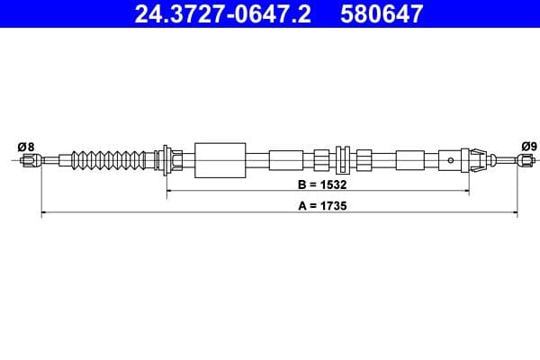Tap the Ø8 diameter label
[x=25, y=146]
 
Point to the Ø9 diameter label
[x=528, y=146]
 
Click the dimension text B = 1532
[x=314, y=184]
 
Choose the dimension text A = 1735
[x=315, y=205]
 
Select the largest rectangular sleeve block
[x=220, y=160]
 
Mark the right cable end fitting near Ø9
[x=524, y=160]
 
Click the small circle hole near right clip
[x=451, y=160]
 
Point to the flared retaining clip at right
[x=476, y=160]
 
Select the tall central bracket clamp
[x=342, y=160]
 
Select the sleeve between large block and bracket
[x=286, y=160]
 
